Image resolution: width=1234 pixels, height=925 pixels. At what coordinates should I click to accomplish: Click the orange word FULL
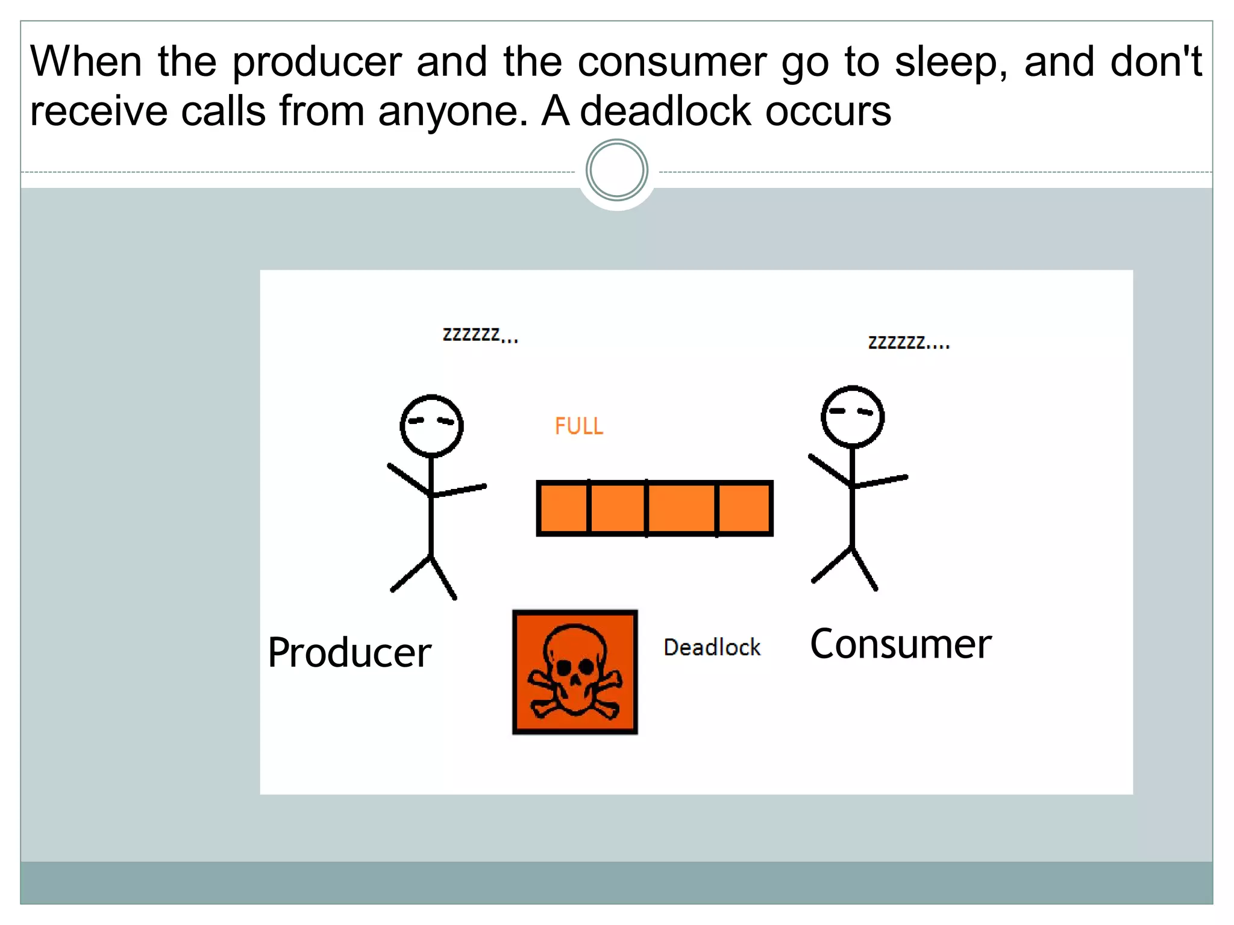(578, 426)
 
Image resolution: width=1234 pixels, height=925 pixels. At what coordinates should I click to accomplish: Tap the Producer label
(349, 653)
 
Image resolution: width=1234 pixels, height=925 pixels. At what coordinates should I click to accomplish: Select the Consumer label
(900, 644)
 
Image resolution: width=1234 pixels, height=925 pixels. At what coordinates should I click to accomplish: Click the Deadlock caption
(712, 647)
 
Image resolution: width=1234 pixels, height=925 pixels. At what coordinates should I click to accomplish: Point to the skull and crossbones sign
(575, 672)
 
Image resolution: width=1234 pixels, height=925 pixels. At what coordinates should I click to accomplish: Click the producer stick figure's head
(431, 425)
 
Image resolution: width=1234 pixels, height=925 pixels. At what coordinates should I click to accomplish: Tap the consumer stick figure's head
(852, 416)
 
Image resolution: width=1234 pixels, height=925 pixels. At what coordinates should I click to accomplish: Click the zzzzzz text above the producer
(480, 335)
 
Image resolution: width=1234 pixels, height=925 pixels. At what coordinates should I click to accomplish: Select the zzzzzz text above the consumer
(908, 343)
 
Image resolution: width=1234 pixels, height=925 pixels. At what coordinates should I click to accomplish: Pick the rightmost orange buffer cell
(744, 508)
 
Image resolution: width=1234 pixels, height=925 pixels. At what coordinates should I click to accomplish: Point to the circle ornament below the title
(616, 170)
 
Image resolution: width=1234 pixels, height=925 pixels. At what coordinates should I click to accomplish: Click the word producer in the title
(317, 63)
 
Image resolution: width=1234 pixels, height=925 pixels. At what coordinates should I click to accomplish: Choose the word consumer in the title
(672, 63)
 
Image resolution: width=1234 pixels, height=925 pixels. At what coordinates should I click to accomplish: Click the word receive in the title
(98, 112)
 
